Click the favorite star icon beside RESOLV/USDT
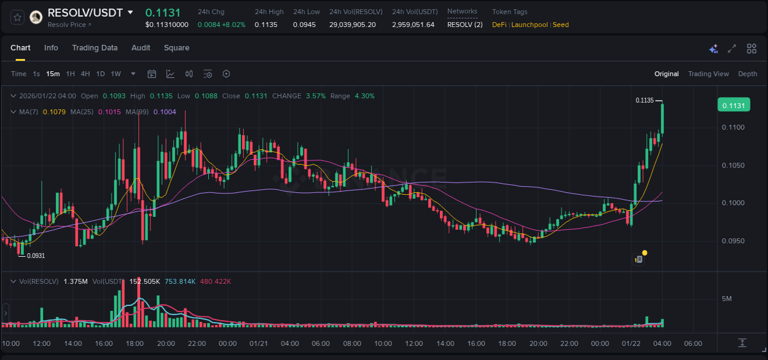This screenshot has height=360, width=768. pyautogui.click(x=17, y=17)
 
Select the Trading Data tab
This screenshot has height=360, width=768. pyautogui.click(x=95, y=48)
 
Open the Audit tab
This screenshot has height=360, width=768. pyautogui.click(x=141, y=48)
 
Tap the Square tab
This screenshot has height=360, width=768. pyautogui.click(x=176, y=48)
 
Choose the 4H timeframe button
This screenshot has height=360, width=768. pyautogui.click(x=85, y=74)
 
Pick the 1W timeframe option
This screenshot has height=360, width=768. pyautogui.click(x=116, y=74)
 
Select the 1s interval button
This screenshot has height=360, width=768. pyautogui.click(x=36, y=74)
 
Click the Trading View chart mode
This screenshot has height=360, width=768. pyautogui.click(x=708, y=74)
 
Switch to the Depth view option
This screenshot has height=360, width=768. pyautogui.click(x=748, y=74)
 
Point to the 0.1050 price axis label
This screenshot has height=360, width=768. pyautogui.click(x=733, y=165)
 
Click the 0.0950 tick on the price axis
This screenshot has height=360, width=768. pyautogui.click(x=733, y=241)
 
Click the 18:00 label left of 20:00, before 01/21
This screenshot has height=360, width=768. pyautogui.click(x=135, y=343)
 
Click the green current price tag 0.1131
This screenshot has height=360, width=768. pyautogui.click(x=734, y=106)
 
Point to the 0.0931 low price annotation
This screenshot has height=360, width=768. pyautogui.click(x=36, y=256)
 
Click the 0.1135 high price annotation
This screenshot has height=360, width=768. pyautogui.click(x=645, y=100)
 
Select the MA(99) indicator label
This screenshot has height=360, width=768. pyautogui.click(x=138, y=112)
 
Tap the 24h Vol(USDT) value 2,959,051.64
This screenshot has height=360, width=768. pyautogui.click(x=413, y=25)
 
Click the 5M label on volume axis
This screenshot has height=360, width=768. pyautogui.click(x=727, y=299)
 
